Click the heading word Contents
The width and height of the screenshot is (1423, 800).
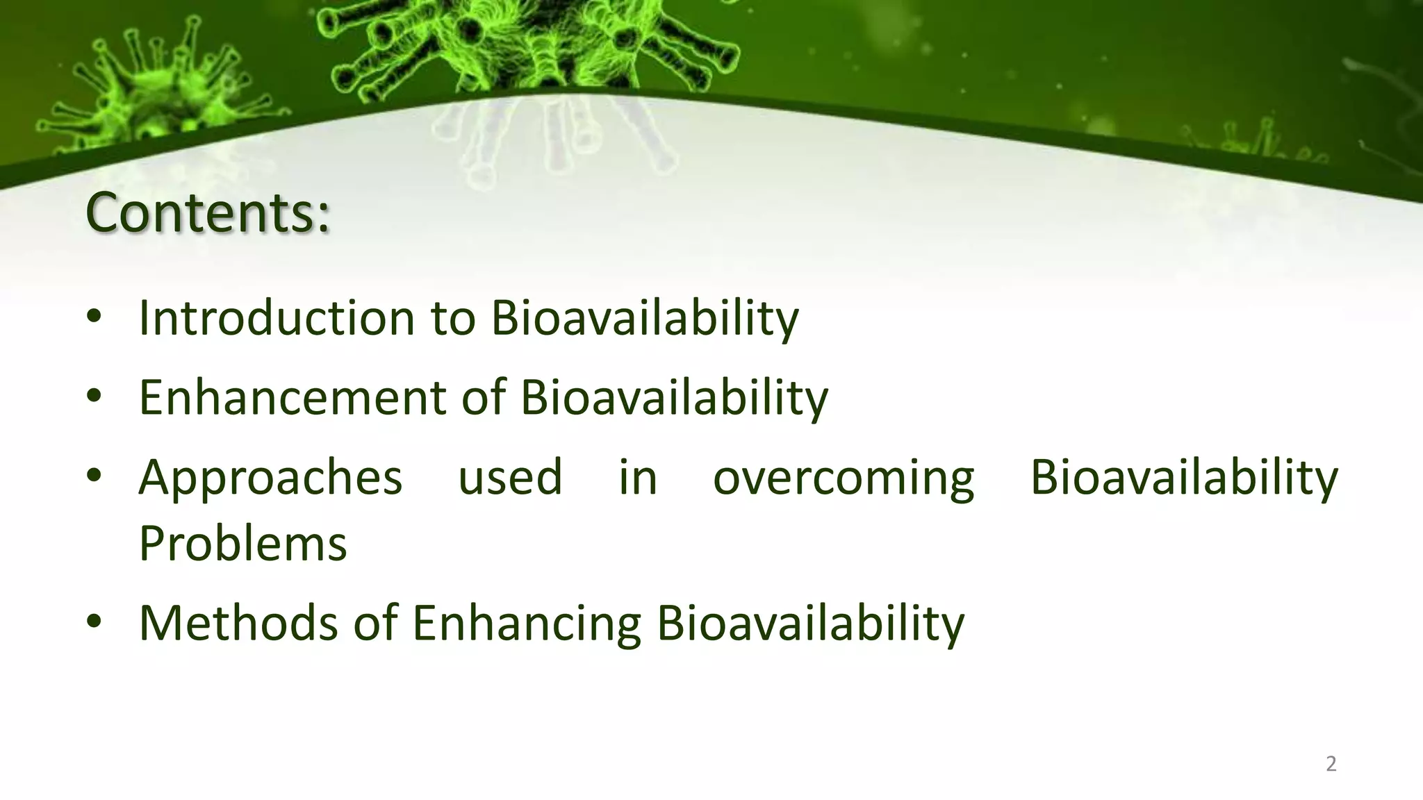click(198, 212)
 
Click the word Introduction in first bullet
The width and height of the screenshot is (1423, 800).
click(277, 318)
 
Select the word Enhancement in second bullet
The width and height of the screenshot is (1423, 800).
click(293, 398)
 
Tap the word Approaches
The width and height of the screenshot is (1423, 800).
click(270, 478)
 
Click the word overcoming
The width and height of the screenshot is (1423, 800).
click(844, 478)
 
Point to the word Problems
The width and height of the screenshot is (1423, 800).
click(242, 544)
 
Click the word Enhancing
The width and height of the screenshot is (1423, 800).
click(527, 624)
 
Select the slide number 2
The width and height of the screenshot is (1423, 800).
click(1331, 764)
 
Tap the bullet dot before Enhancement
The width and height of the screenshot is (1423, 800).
click(94, 397)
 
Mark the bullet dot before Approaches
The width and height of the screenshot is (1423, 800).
click(94, 476)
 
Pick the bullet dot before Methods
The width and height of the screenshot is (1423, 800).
click(94, 622)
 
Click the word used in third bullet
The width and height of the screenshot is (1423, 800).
click(510, 478)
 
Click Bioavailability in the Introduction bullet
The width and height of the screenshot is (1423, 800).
click(645, 318)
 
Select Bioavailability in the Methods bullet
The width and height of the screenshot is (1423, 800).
click(810, 624)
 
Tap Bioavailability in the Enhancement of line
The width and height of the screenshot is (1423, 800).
click(674, 398)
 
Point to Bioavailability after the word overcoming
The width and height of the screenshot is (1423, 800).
click(1184, 478)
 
